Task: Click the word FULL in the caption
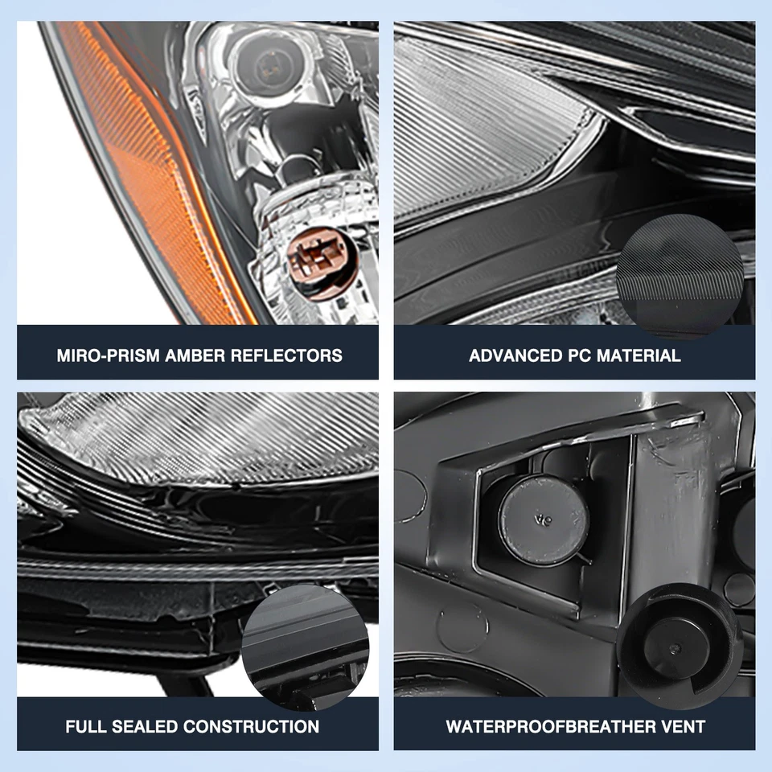point(88,727)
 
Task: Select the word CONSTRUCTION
point(253,727)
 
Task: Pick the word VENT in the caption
point(684,727)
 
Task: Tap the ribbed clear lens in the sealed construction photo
point(201,438)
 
